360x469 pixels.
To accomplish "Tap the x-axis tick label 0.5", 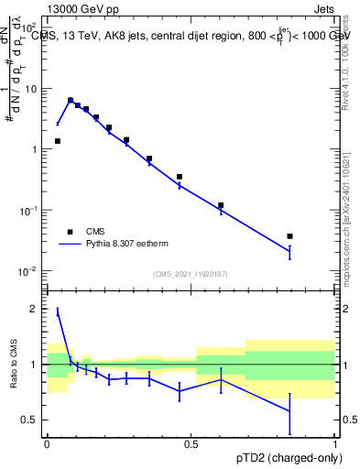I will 191,443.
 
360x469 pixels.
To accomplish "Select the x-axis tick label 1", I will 335,443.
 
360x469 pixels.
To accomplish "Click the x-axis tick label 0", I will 47,443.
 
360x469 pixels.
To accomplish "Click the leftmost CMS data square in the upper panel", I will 58,141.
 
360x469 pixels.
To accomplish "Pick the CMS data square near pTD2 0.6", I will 221,205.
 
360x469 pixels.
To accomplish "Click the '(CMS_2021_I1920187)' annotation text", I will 191,274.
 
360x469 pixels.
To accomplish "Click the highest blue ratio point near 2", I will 58,312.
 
